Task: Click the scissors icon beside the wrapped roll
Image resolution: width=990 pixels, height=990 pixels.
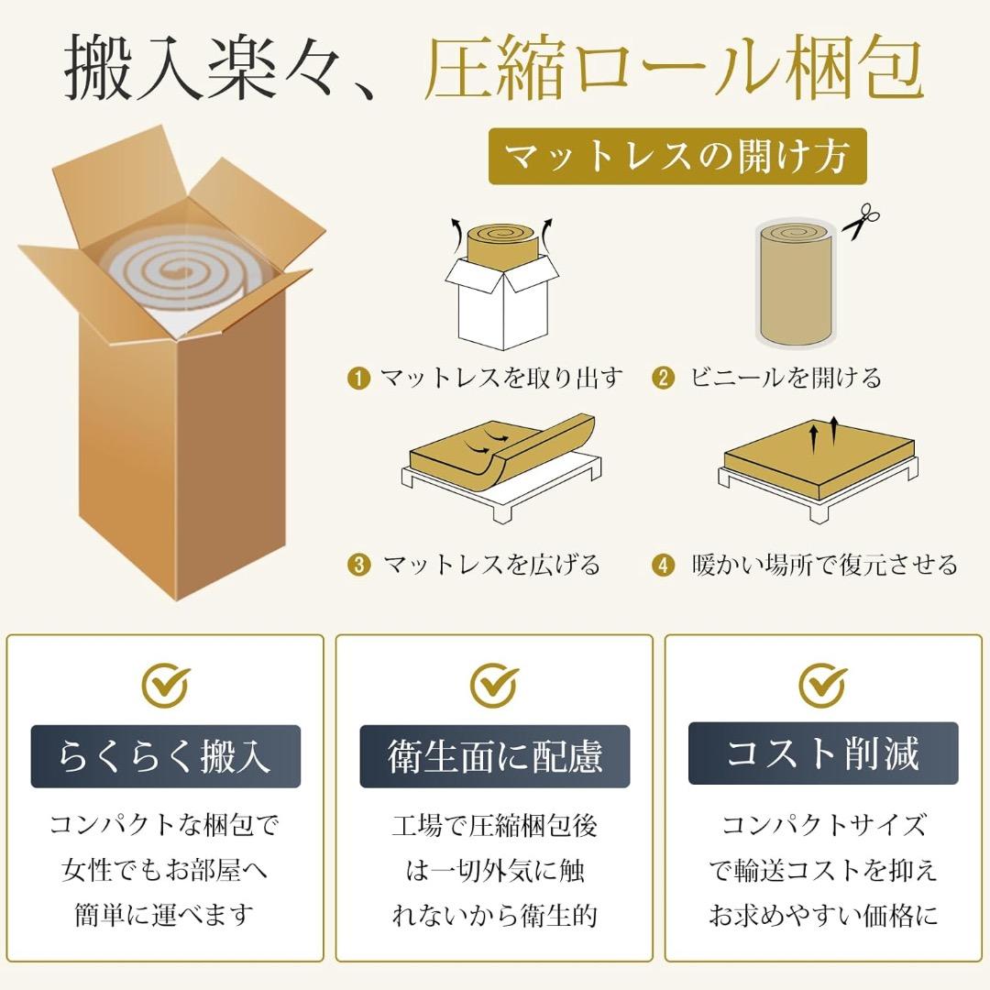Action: click(x=859, y=223)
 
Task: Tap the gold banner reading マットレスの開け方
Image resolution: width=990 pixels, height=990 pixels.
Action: click(x=677, y=157)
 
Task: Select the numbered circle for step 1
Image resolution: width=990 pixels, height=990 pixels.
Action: click(x=358, y=378)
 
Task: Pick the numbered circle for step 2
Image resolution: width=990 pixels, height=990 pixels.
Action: click(x=664, y=378)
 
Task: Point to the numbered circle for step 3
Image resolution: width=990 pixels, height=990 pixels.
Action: click(x=358, y=565)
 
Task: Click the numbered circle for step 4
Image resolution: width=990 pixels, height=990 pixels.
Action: click(x=664, y=565)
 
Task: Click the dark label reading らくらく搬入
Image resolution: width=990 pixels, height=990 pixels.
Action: click(x=166, y=756)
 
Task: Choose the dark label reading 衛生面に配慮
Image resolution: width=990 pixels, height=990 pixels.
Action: click(x=494, y=756)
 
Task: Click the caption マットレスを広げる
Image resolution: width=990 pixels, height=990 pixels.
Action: click(x=491, y=565)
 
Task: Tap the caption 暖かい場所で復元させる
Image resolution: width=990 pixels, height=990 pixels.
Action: click(x=823, y=565)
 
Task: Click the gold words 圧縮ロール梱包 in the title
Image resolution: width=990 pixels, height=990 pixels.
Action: click(x=673, y=69)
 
